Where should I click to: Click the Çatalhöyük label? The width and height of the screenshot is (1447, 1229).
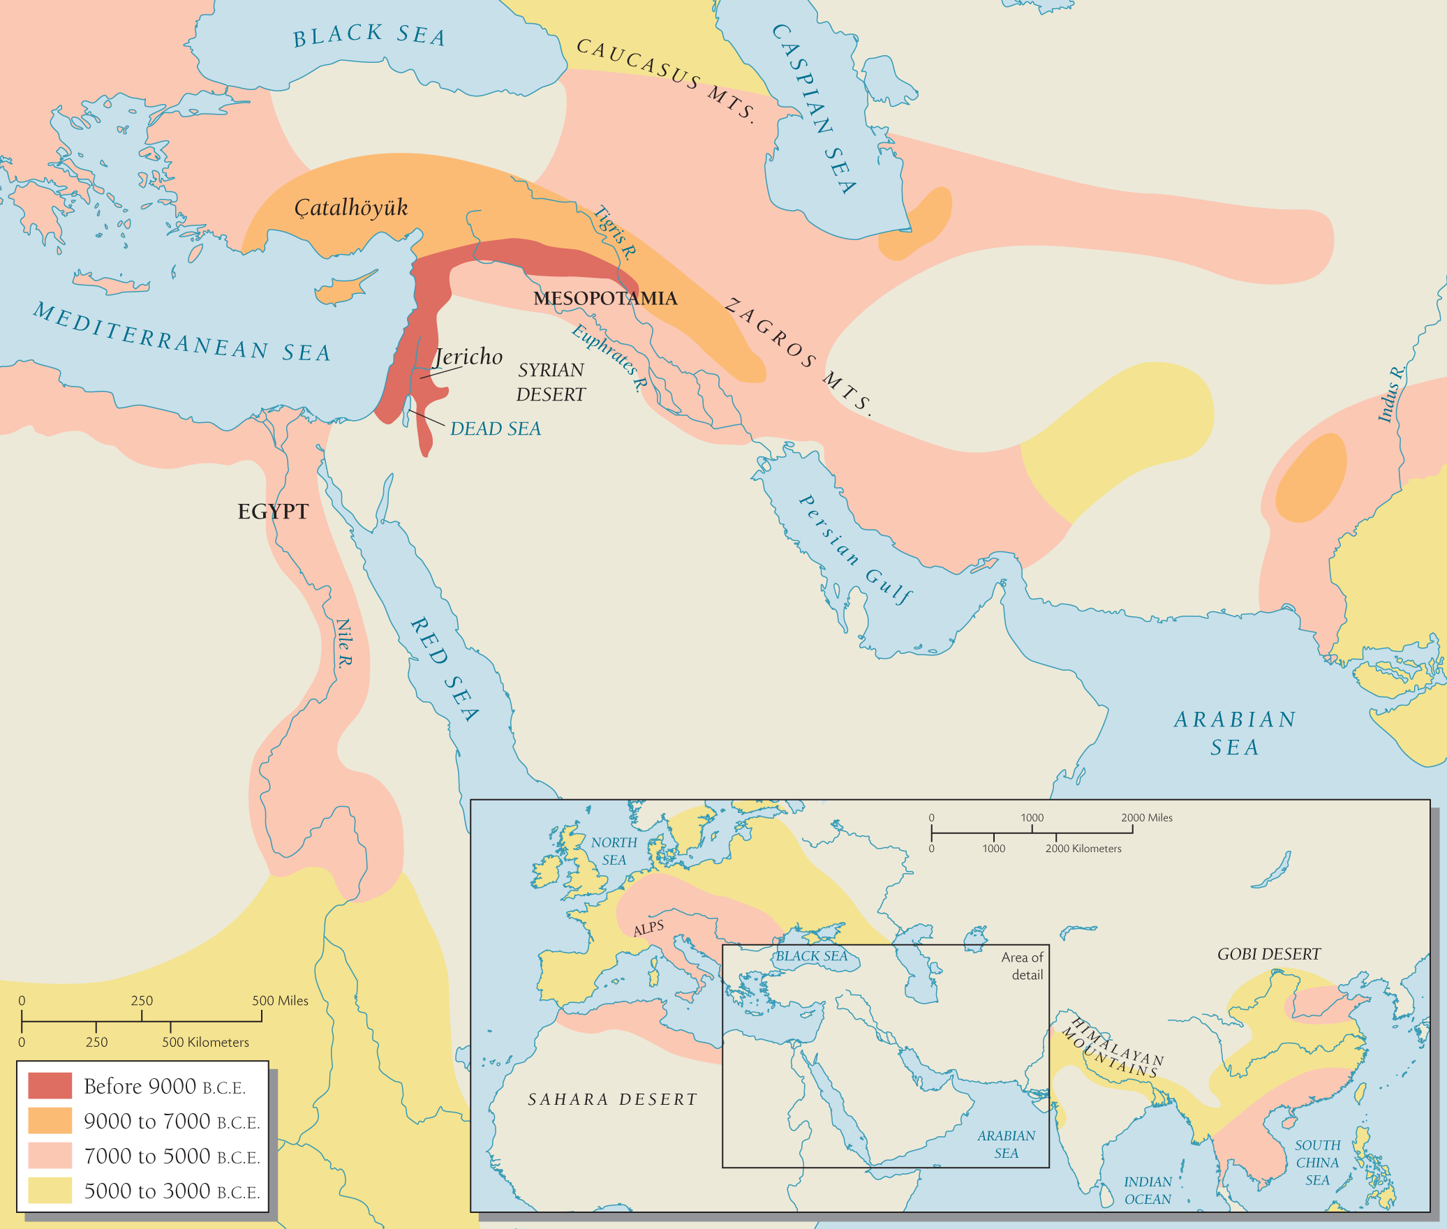click(x=350, y=207)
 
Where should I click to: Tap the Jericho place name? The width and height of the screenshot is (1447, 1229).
click(x=468, y=357)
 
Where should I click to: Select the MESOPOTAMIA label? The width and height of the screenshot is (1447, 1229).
click(x=605, y=299)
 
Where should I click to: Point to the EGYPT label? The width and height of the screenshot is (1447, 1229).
click(x=273, y=512)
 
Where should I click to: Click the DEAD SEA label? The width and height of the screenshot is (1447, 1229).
click(x=495, y=429)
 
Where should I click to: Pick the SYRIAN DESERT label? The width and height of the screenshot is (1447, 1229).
click(x=551, y=382)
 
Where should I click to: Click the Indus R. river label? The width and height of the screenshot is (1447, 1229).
click(x=1391, y=394)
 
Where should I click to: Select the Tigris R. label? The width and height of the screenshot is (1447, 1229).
click(x=614, y=232)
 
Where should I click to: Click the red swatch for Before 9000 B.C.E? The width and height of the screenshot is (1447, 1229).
click(x=50, y=1086)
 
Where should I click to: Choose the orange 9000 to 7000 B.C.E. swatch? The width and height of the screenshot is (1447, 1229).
click(x=50, y=1121)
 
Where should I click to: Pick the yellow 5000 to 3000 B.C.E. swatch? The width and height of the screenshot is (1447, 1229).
click(x=50, y=1191)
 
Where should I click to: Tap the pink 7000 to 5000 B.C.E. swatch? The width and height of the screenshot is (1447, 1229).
click(x=50, y=1156)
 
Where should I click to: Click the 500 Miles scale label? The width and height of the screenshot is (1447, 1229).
click(x=280, y=1001)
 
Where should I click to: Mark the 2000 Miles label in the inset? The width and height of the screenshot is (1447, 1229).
click(x=1147, y=818)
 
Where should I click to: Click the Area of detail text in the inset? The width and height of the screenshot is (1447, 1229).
click(x=1023, y=966)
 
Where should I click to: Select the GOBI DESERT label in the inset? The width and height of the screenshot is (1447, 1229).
click(x=1269, y=954)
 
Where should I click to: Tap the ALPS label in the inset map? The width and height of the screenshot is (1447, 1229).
click(x=648, y=928)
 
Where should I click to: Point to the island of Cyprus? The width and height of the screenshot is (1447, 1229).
click(x=342, y=289)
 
